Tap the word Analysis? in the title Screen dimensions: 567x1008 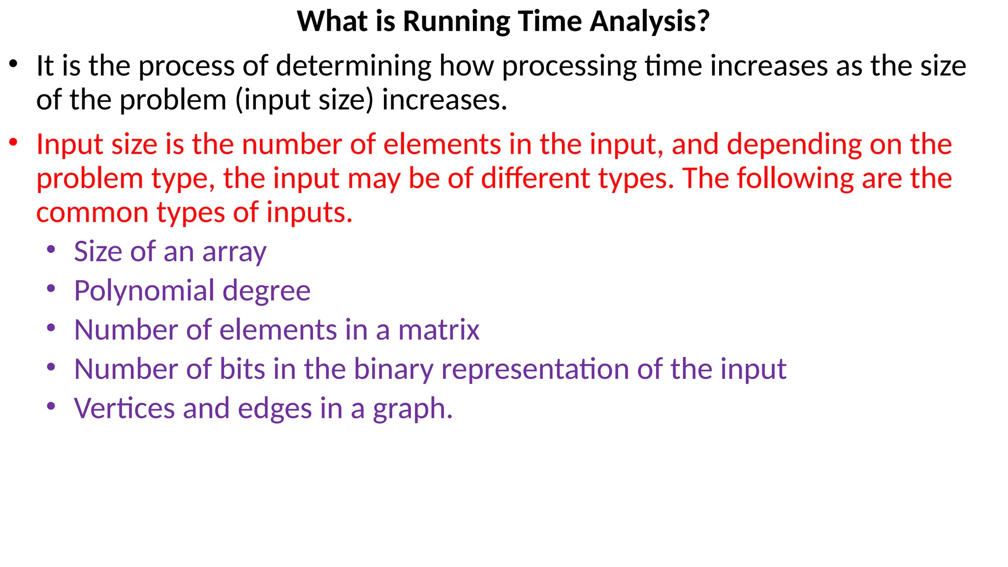tap(650, 22)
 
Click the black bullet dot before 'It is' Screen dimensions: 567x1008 tap(13, 64)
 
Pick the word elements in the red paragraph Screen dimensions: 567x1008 tap(442, 145)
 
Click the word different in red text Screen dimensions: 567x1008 tap(535, 178)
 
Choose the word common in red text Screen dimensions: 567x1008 tap(93, 213)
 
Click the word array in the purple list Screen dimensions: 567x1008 tap(234, 252)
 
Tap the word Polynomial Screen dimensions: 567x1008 tap(144, 291)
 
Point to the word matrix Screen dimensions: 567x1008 tap(439, 330)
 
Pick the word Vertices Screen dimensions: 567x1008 tap(124, 409)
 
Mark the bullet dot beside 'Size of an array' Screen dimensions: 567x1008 tap(51, 250)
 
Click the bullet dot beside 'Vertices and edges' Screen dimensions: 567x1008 tap(51, 407)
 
